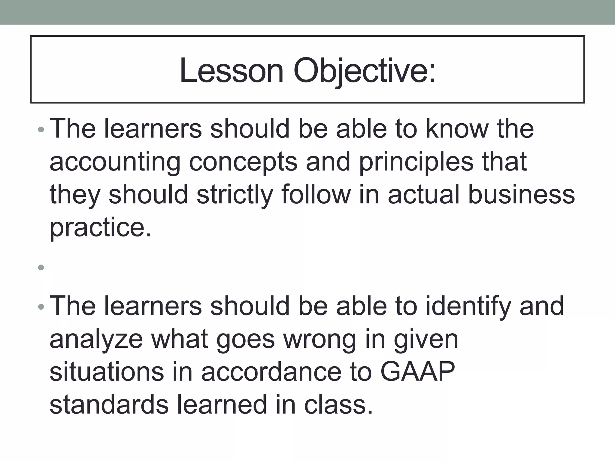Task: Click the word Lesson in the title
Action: tap(231, 71)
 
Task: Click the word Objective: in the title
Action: tap(364, 71)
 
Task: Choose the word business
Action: tap(521, 195)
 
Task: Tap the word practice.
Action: tap(101, 228)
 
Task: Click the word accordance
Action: tap(271, 372)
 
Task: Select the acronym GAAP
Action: tap(418, 372)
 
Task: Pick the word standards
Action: tap(109, 405)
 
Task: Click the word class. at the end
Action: tap(338, 405)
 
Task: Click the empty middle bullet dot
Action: tap(41, 267)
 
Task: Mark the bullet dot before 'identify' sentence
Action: tap(41, 307)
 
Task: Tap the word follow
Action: tap(316, 195)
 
